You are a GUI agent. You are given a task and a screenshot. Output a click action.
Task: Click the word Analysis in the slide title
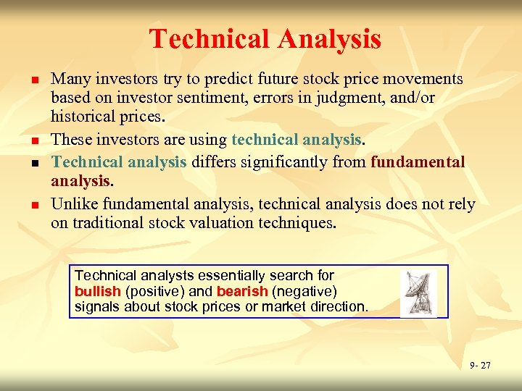330,38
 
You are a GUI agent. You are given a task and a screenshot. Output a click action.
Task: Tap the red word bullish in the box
98,291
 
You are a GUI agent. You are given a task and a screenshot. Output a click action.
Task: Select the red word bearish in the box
241,291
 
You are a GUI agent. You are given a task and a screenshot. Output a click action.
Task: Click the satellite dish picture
418,293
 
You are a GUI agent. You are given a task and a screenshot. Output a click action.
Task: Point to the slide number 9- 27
479,366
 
